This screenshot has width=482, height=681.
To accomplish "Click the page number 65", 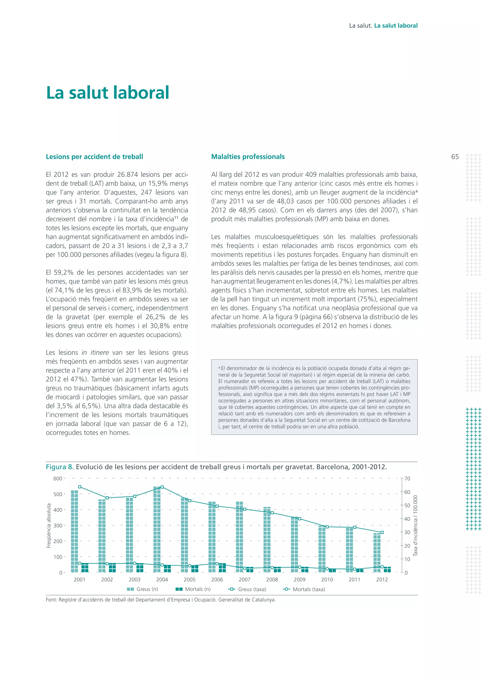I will click(x=455, y=157).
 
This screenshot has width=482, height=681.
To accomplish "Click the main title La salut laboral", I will click(x=108, y=93).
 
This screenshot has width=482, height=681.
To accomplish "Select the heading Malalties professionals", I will click(x=248, y=157).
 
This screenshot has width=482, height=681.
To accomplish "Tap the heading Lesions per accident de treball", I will click(x=94, y=157).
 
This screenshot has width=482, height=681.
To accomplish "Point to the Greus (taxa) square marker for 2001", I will click(x=80, y=487).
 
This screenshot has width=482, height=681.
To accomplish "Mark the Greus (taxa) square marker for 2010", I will click(x=327, y=527).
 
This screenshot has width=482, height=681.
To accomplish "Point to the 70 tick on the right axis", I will click(x=407, y=479).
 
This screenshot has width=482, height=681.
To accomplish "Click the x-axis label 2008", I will click(x=272, y=580).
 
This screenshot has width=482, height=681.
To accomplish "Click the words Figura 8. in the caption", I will click(x=60, y=467).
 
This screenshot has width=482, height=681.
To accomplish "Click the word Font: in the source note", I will click(x=52, y=600).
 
